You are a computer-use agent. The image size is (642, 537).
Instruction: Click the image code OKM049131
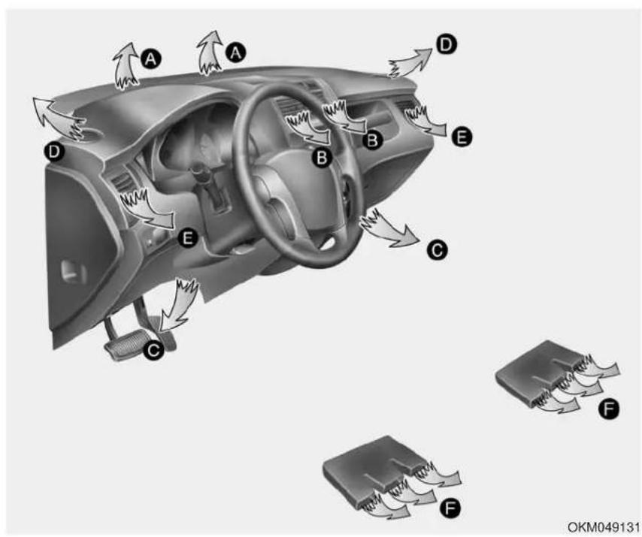603,526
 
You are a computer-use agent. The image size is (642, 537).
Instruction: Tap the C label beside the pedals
153,350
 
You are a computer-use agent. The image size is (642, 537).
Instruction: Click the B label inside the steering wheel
322,157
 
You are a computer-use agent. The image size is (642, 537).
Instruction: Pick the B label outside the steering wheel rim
372,140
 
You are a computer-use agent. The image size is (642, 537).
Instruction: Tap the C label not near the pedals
437,249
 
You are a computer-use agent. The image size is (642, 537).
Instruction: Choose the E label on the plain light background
462,137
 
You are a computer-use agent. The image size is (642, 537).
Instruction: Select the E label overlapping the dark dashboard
188,237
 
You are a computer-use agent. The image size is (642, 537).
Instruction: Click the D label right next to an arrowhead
446,44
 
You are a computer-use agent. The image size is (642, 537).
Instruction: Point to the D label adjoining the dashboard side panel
53,152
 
